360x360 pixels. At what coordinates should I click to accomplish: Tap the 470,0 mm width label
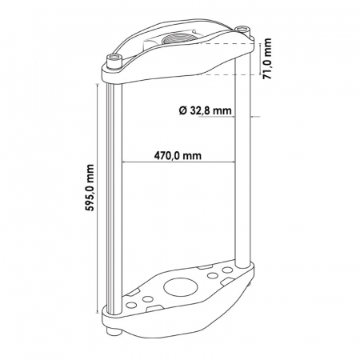178,155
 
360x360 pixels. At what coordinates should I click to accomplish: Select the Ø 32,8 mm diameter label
205,110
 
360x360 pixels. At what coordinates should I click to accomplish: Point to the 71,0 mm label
266,58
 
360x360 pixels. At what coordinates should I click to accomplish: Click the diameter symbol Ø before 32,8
182,110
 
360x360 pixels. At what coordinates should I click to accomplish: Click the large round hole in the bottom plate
181,287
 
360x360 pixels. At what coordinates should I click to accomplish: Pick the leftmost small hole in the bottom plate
131,305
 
